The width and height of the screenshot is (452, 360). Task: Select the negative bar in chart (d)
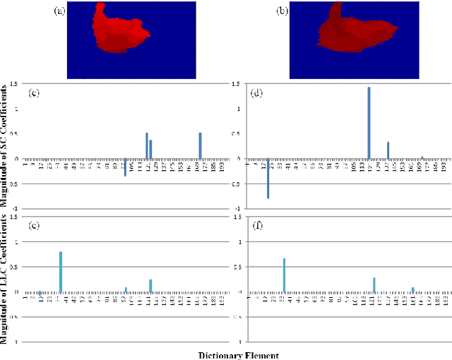tap(268, 178)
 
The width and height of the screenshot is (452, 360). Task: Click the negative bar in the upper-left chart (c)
tap(125, 167)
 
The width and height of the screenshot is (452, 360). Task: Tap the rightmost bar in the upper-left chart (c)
tap(200, 145)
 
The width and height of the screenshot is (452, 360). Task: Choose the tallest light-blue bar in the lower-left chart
tap(61, 272)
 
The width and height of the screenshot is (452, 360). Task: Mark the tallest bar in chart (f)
tap(284, 275)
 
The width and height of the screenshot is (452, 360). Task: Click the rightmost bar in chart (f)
tap(413, 289)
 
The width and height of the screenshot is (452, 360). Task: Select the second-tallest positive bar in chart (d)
tap(388, 150)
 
